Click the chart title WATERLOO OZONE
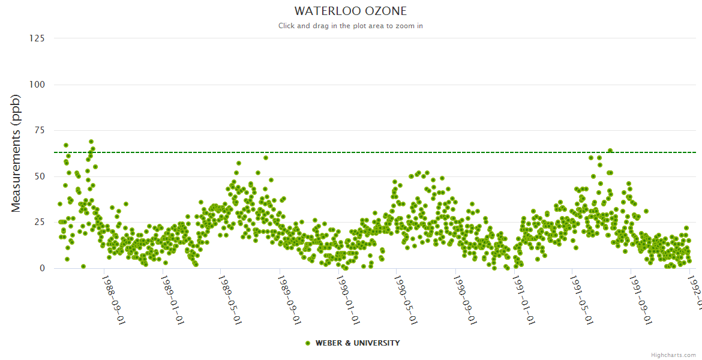pos(350,11)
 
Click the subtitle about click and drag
pos(350,26)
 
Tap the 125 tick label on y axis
pos(37,38)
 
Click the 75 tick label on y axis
pos(39,130)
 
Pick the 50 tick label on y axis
pos(39,176)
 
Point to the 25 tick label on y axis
pos(39,223)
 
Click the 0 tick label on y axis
pos(41,268)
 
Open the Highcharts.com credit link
pos(673,355)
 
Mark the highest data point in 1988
pos(91,142)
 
